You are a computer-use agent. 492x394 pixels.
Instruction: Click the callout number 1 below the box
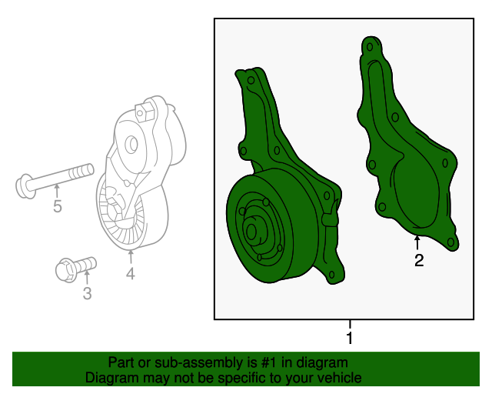point(350,339)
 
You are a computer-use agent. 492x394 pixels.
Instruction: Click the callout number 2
point(419,260)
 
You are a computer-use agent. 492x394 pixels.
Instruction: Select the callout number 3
point(87,293)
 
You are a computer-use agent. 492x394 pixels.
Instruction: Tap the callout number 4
point(131,273)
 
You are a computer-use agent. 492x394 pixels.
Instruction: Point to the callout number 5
point(57,206)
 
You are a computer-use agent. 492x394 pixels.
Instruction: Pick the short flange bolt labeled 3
point(75,268)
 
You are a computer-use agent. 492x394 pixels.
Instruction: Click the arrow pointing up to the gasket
point(417,242)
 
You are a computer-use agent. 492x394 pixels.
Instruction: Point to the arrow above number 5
point(56,190)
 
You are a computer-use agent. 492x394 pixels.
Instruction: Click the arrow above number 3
point(86,277)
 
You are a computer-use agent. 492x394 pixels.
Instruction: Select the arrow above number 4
point(131,256)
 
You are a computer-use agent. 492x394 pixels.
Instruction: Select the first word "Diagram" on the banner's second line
point(111,378)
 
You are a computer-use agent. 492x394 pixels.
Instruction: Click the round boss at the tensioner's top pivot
point(130,143)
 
